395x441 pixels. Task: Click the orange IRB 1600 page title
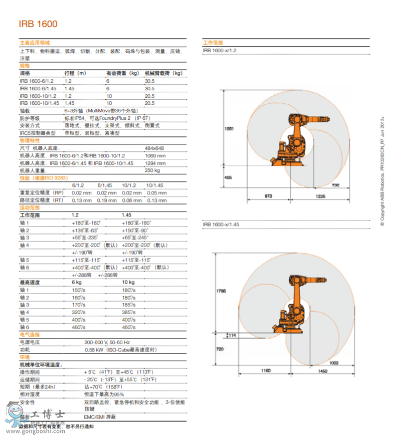click(38, 24)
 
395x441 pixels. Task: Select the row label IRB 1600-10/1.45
click(38, 103)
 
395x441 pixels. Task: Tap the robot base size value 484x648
click(154, 148)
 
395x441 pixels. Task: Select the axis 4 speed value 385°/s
click(129, 312)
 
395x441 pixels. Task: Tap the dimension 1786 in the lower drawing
click(220, 290)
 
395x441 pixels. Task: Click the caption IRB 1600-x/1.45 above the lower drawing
click(220, 224)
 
